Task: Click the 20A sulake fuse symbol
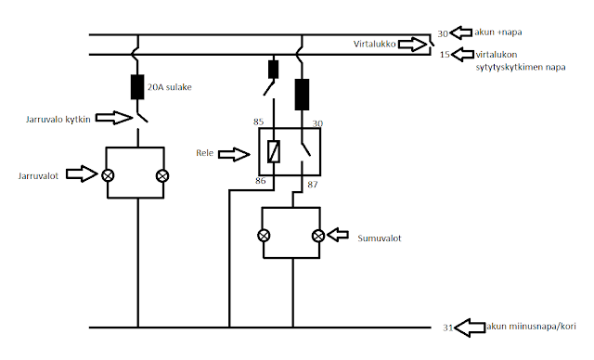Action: click(137, 87)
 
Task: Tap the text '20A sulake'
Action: click(169, 87)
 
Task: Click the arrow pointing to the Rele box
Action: click(234, 154)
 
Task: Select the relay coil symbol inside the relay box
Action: click(274, 151)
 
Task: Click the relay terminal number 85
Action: click(258, 122)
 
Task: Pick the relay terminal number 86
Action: click(260, 181)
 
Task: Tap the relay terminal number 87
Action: click(313, 185)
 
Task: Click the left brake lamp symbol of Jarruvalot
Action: click(108, 175)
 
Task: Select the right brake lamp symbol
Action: click(162, 175)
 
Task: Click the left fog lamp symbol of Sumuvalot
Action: click(264, 236)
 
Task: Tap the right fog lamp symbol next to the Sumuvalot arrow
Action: click(318, 236)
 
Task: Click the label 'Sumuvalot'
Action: click(380, 238)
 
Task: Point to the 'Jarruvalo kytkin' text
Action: click(58, 120)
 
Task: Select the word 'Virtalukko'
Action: click(374, 44)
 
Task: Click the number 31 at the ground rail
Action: click(447, 328)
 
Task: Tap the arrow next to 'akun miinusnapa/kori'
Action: click(470, 328)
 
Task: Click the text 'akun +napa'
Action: click(498, 32)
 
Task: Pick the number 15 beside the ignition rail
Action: click(445, 55)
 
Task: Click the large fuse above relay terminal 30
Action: click(302, 95)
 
